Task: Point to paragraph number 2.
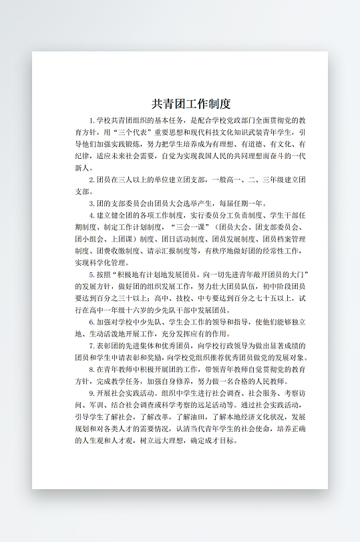point(92,180)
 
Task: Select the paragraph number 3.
point(92,204)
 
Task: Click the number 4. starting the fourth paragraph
point(92,216)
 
